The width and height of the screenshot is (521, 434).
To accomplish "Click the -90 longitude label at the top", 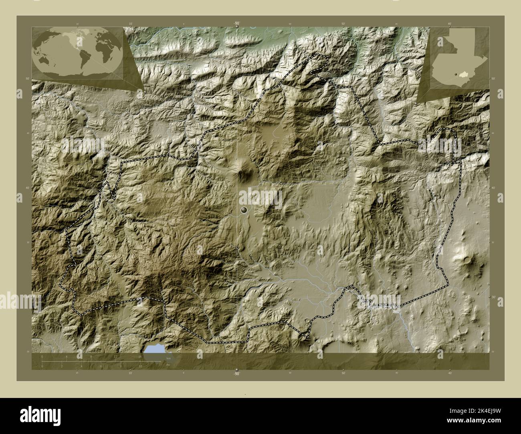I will click(237, 24).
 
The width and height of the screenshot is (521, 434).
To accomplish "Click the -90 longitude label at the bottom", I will click(237, 374).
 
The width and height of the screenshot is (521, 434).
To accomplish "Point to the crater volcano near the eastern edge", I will click(467, 260).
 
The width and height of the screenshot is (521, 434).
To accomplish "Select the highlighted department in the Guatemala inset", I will click(465, 74).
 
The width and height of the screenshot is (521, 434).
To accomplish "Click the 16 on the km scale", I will click(140, 356).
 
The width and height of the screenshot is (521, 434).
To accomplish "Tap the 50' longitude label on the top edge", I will click(343, 24).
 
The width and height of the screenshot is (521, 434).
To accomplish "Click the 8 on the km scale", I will click(91, 356).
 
